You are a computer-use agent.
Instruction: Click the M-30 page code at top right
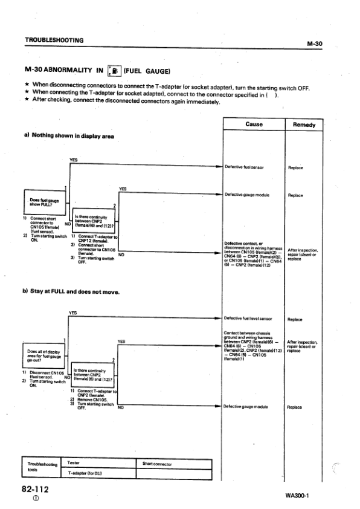(x=316, y=43)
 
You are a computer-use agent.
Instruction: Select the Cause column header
(x=254, y=124)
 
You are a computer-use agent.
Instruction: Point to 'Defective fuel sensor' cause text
(x=244, y=167)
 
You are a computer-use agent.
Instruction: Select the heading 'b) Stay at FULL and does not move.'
(x=71, y=292)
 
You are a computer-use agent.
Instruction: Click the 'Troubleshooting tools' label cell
(x=41, y=468)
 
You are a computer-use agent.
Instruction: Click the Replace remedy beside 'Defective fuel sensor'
(x=295, y=167)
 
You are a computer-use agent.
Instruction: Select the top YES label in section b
(x=74, y=313)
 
